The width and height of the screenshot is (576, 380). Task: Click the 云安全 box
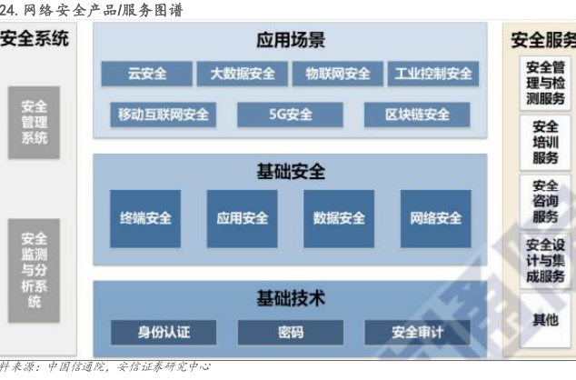tap(146, 74)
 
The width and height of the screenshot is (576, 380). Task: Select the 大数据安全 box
tap(242, 74)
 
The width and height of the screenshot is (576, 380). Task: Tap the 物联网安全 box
tap(337, 74)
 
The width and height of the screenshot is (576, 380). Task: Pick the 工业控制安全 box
tap(433, 74)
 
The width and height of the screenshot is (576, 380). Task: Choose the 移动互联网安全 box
tap(164, 115)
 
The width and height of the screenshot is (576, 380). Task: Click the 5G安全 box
tap(291, 115)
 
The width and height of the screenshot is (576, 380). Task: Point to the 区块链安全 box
tap(417, 115)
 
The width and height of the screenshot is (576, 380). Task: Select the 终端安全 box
tap(145, 218)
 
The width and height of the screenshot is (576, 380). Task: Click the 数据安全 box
tap(339, 218)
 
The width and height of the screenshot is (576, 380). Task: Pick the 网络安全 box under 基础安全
tap(436, 218)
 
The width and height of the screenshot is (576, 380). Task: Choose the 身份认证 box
tap(164, 331)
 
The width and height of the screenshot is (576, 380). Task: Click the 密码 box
tap(291, 331)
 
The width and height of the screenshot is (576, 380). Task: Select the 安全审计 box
tap(418, 331)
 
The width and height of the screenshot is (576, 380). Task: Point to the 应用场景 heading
tap(291, 40)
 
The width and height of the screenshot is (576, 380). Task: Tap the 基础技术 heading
tap(291, 297)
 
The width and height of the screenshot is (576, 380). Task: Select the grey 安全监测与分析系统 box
tap(35, 269)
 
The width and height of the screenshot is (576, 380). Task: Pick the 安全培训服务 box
tap(545, 142)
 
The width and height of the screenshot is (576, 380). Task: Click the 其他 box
tap(545, 319)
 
